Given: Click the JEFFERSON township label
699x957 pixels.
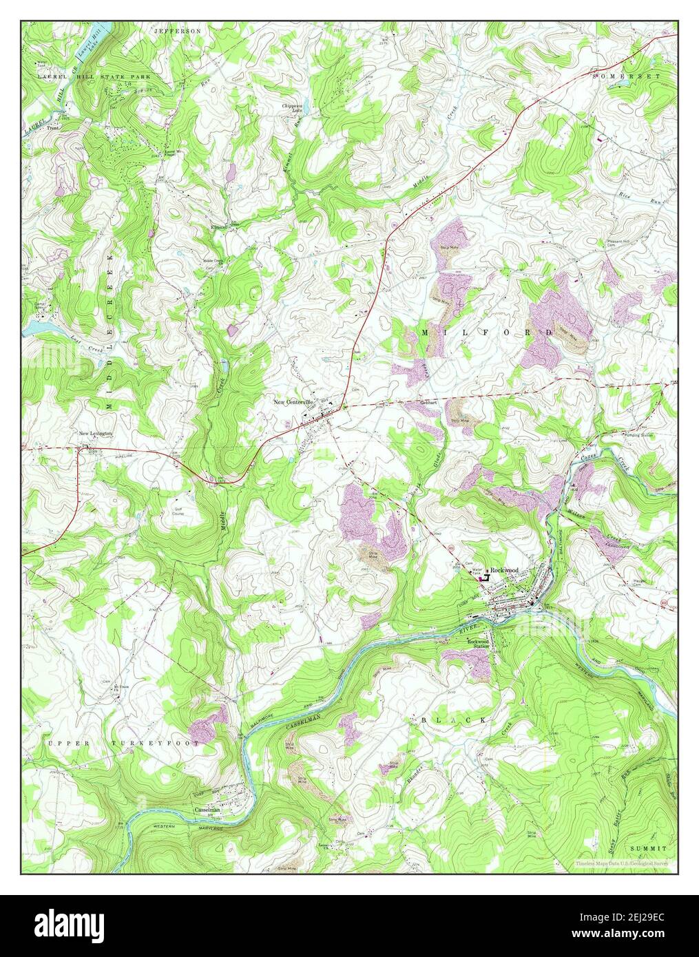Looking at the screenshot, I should (x=178, y=31).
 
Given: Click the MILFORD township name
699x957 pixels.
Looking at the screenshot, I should (x=486, y=333).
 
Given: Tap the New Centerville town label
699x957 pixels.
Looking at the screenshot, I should (x=293, y=401).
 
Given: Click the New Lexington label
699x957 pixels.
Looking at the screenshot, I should (x=95, y=433).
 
